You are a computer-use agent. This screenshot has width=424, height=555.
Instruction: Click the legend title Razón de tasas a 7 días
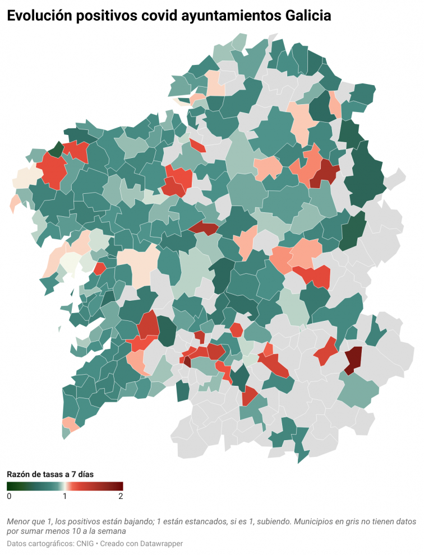[x=50, y=474]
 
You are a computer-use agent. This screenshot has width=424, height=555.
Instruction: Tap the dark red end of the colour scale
[x=119, y=486]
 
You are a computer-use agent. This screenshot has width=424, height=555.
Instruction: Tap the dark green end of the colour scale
[x=10, y=486]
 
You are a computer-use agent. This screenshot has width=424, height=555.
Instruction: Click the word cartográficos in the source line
[x=50, y=544]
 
